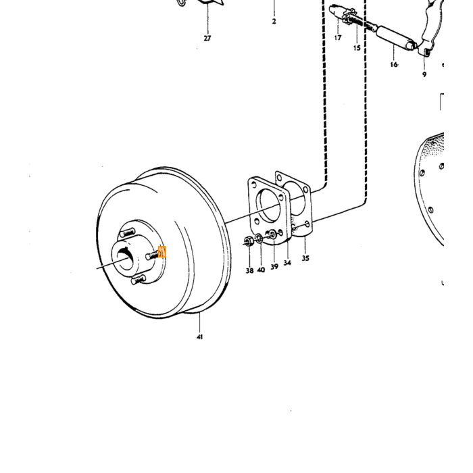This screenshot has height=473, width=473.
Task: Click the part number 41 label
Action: [x=199, y=337]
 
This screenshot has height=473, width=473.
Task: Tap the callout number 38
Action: [x=249, y=270]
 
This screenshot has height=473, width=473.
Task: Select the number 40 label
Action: [x=261, y=270]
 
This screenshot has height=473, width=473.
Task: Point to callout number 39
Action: [x=274, y=267]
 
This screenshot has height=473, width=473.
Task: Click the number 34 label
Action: [x=287, y=263]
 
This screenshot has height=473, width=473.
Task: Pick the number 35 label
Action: [x=305, y=258]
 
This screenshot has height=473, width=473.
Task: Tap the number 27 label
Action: [x=207, y=39]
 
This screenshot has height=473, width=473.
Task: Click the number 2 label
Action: [x=274, y=22]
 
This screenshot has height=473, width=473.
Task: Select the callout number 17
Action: [x=338, y=38]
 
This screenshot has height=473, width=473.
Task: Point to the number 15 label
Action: [x=357, y=48]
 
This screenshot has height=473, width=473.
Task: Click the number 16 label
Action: [x=394, y=65]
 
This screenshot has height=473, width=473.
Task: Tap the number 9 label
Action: [x=424, y=74]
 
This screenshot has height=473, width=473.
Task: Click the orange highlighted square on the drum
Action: [x=162, y=252]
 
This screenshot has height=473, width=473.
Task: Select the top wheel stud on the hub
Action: [x=127, y=232]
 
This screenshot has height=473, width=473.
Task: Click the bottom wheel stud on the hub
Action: [x=138, y=280]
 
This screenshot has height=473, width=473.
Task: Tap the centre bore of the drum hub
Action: [x=126, y=259]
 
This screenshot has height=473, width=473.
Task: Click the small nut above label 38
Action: [x=248, y=241]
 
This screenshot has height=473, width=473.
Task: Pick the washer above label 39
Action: [x=273, y=234]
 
